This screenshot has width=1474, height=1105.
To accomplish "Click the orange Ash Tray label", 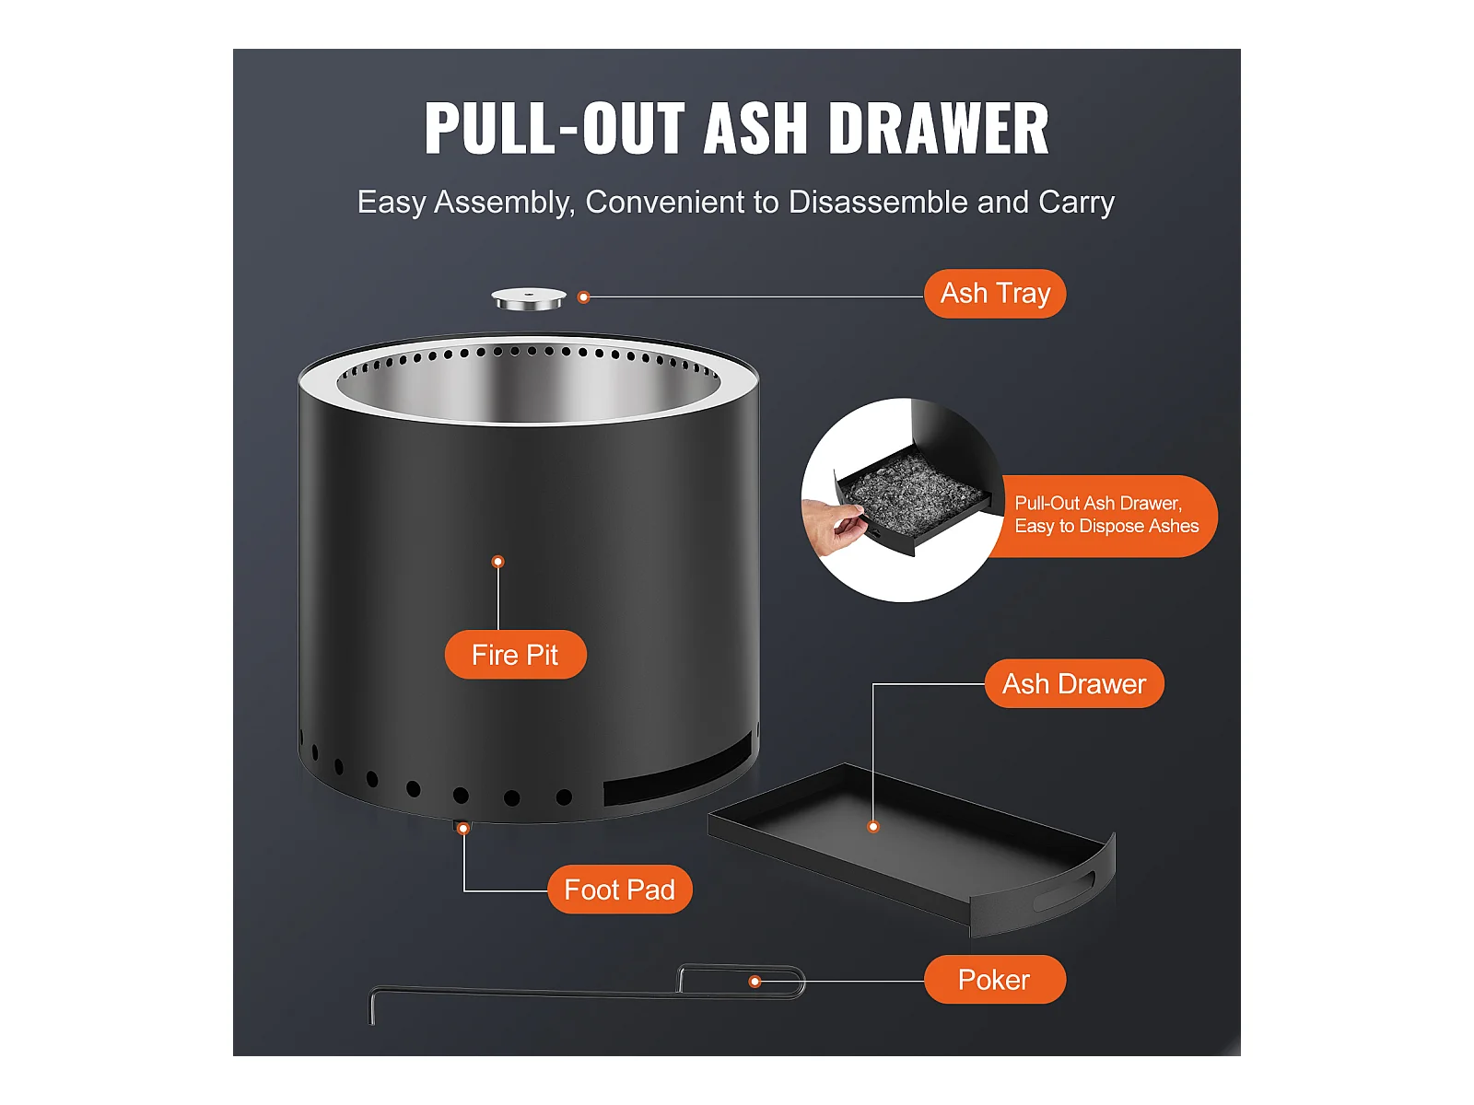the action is [x=995, y=294].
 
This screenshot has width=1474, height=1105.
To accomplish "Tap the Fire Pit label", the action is [x=515, y=655].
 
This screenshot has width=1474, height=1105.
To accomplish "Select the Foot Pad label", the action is [x=619, y=890].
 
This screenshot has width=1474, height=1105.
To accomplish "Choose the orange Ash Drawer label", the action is [x=1074, y=684].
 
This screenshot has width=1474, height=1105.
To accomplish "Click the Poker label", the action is [x=994, y=980].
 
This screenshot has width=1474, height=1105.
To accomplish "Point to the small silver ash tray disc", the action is [x=529, y=299].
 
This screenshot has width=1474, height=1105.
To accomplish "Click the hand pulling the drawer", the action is [x=834, y=524].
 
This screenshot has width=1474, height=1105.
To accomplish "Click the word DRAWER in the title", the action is [x=939, y=129].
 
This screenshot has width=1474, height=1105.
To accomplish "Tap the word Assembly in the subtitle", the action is [x=504, y=203].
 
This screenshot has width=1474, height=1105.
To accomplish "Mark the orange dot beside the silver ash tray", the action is [x=583, y=297].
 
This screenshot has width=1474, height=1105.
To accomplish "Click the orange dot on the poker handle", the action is [x=755, y=982].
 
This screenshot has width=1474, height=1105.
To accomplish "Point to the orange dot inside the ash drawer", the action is [x=873, y=827].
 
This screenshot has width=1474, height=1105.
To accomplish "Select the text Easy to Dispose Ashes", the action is [x=1106, y=527].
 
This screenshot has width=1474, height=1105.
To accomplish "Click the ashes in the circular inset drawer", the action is [x=912, y=488].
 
